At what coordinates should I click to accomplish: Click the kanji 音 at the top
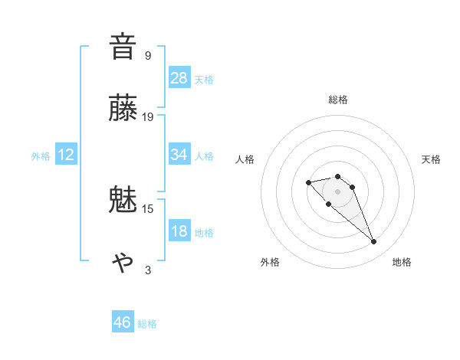[x=123, y=47]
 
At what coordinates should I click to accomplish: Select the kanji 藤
[x=123, y=109]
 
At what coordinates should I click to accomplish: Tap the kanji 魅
[x=123, y=201]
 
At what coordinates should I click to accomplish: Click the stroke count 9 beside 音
[x=148, y=55]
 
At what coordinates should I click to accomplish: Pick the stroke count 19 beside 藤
[x=148, y=117]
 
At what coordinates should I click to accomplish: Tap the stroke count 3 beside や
[x=148, y=270]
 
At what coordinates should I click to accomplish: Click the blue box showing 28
[x=179, y=78]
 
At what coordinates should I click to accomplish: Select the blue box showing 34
[x=179, y=155]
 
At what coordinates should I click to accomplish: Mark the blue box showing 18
[x=179, y=231]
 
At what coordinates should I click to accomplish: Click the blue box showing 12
[x=66, y=155]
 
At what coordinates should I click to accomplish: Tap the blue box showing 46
[x=123, y=322]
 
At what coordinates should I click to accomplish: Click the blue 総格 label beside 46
[x=147, y=324]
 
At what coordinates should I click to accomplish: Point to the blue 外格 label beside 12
[x=41, y=156]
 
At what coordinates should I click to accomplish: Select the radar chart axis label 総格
[x=338, y=100]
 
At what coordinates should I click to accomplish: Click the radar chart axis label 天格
[x=431, y=159]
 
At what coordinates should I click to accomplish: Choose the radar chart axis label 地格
[x=402, y=262]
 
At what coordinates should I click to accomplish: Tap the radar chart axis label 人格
[x=245, y=159]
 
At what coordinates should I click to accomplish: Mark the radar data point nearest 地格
[x=373, y=242]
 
